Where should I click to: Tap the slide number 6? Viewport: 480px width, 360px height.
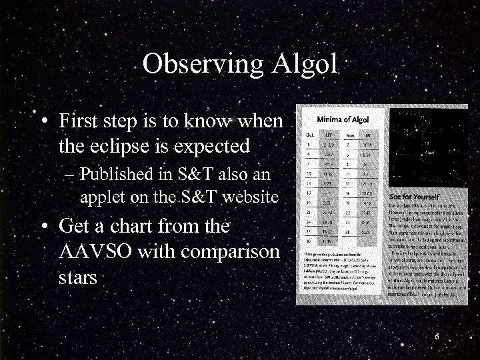tap(436, 337)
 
